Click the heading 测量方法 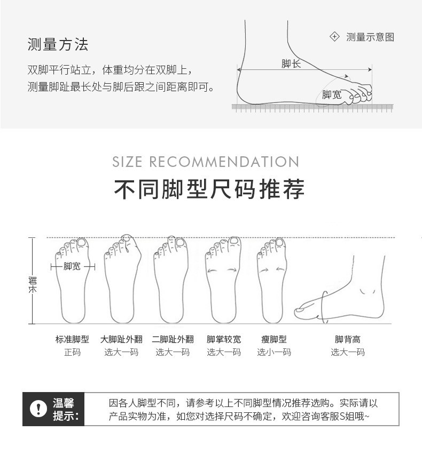[x=58, y=44]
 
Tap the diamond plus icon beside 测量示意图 [x=334, y=37]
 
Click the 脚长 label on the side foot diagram [x=291, y=63]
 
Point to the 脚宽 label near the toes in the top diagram [x=332, y=94]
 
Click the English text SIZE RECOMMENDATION [x=206, y=162]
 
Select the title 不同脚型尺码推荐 [x=209, y=189]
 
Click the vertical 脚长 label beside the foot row [x=33, y=285]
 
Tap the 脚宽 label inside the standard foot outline [x=72, y=266]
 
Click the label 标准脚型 [x=72, y=339]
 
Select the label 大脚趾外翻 [x=121, y=339]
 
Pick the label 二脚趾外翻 [x=173, y=339]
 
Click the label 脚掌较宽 [x=224, y=339]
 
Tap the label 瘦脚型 [x=274, y=339]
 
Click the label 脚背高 [x=348, y=339]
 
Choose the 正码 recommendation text [x=72, y=352]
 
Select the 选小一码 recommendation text [x=274, y=352]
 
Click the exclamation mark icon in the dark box [x=38, y=409]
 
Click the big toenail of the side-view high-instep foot [x=299, y=310]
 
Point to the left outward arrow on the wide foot [x=212, y=271]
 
